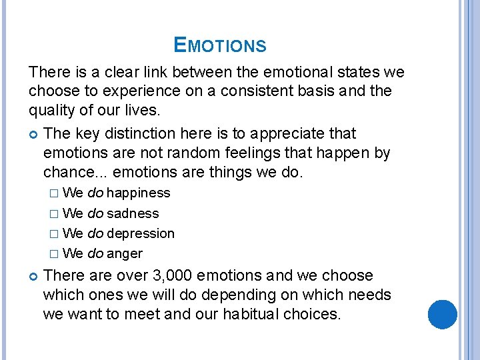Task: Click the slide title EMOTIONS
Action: click(219, 45)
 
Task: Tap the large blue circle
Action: click(441, 315)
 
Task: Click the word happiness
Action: click(138, 193)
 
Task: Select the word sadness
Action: click(133, 213)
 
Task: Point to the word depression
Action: click(141, 233)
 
